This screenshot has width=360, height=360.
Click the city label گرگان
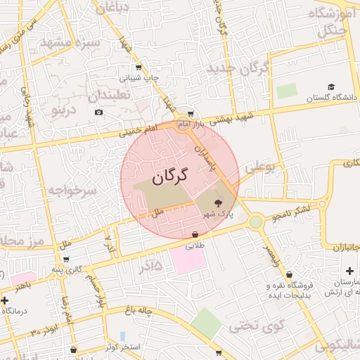tap(171, 176)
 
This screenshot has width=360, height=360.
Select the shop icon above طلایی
tap(195, 234)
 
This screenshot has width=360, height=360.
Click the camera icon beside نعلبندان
tap(98, 112)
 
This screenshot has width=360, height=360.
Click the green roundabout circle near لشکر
tap(255, 222)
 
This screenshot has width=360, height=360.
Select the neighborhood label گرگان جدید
tap(239, 69)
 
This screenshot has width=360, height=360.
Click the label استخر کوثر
tap(123, 347)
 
